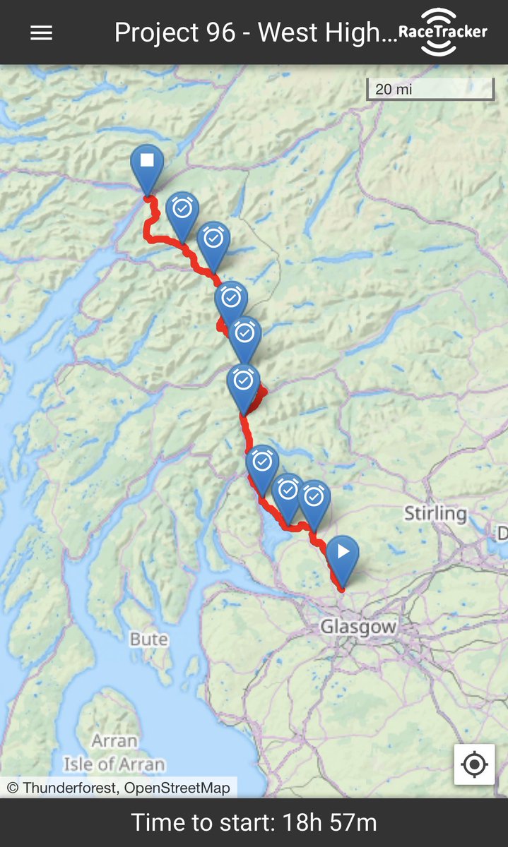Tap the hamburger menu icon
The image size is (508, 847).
[41, 33]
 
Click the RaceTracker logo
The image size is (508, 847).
[442, 32]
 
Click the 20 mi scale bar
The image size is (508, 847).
[430, 90]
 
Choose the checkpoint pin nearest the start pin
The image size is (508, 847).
[314, 500]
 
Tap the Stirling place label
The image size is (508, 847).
[435, 513]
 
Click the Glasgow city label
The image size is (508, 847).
[358, 627]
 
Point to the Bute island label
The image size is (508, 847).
[149, 639]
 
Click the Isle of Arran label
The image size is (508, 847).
[114, 764]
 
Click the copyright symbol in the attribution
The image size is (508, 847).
[13, 788]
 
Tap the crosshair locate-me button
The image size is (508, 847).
[474, 764]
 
